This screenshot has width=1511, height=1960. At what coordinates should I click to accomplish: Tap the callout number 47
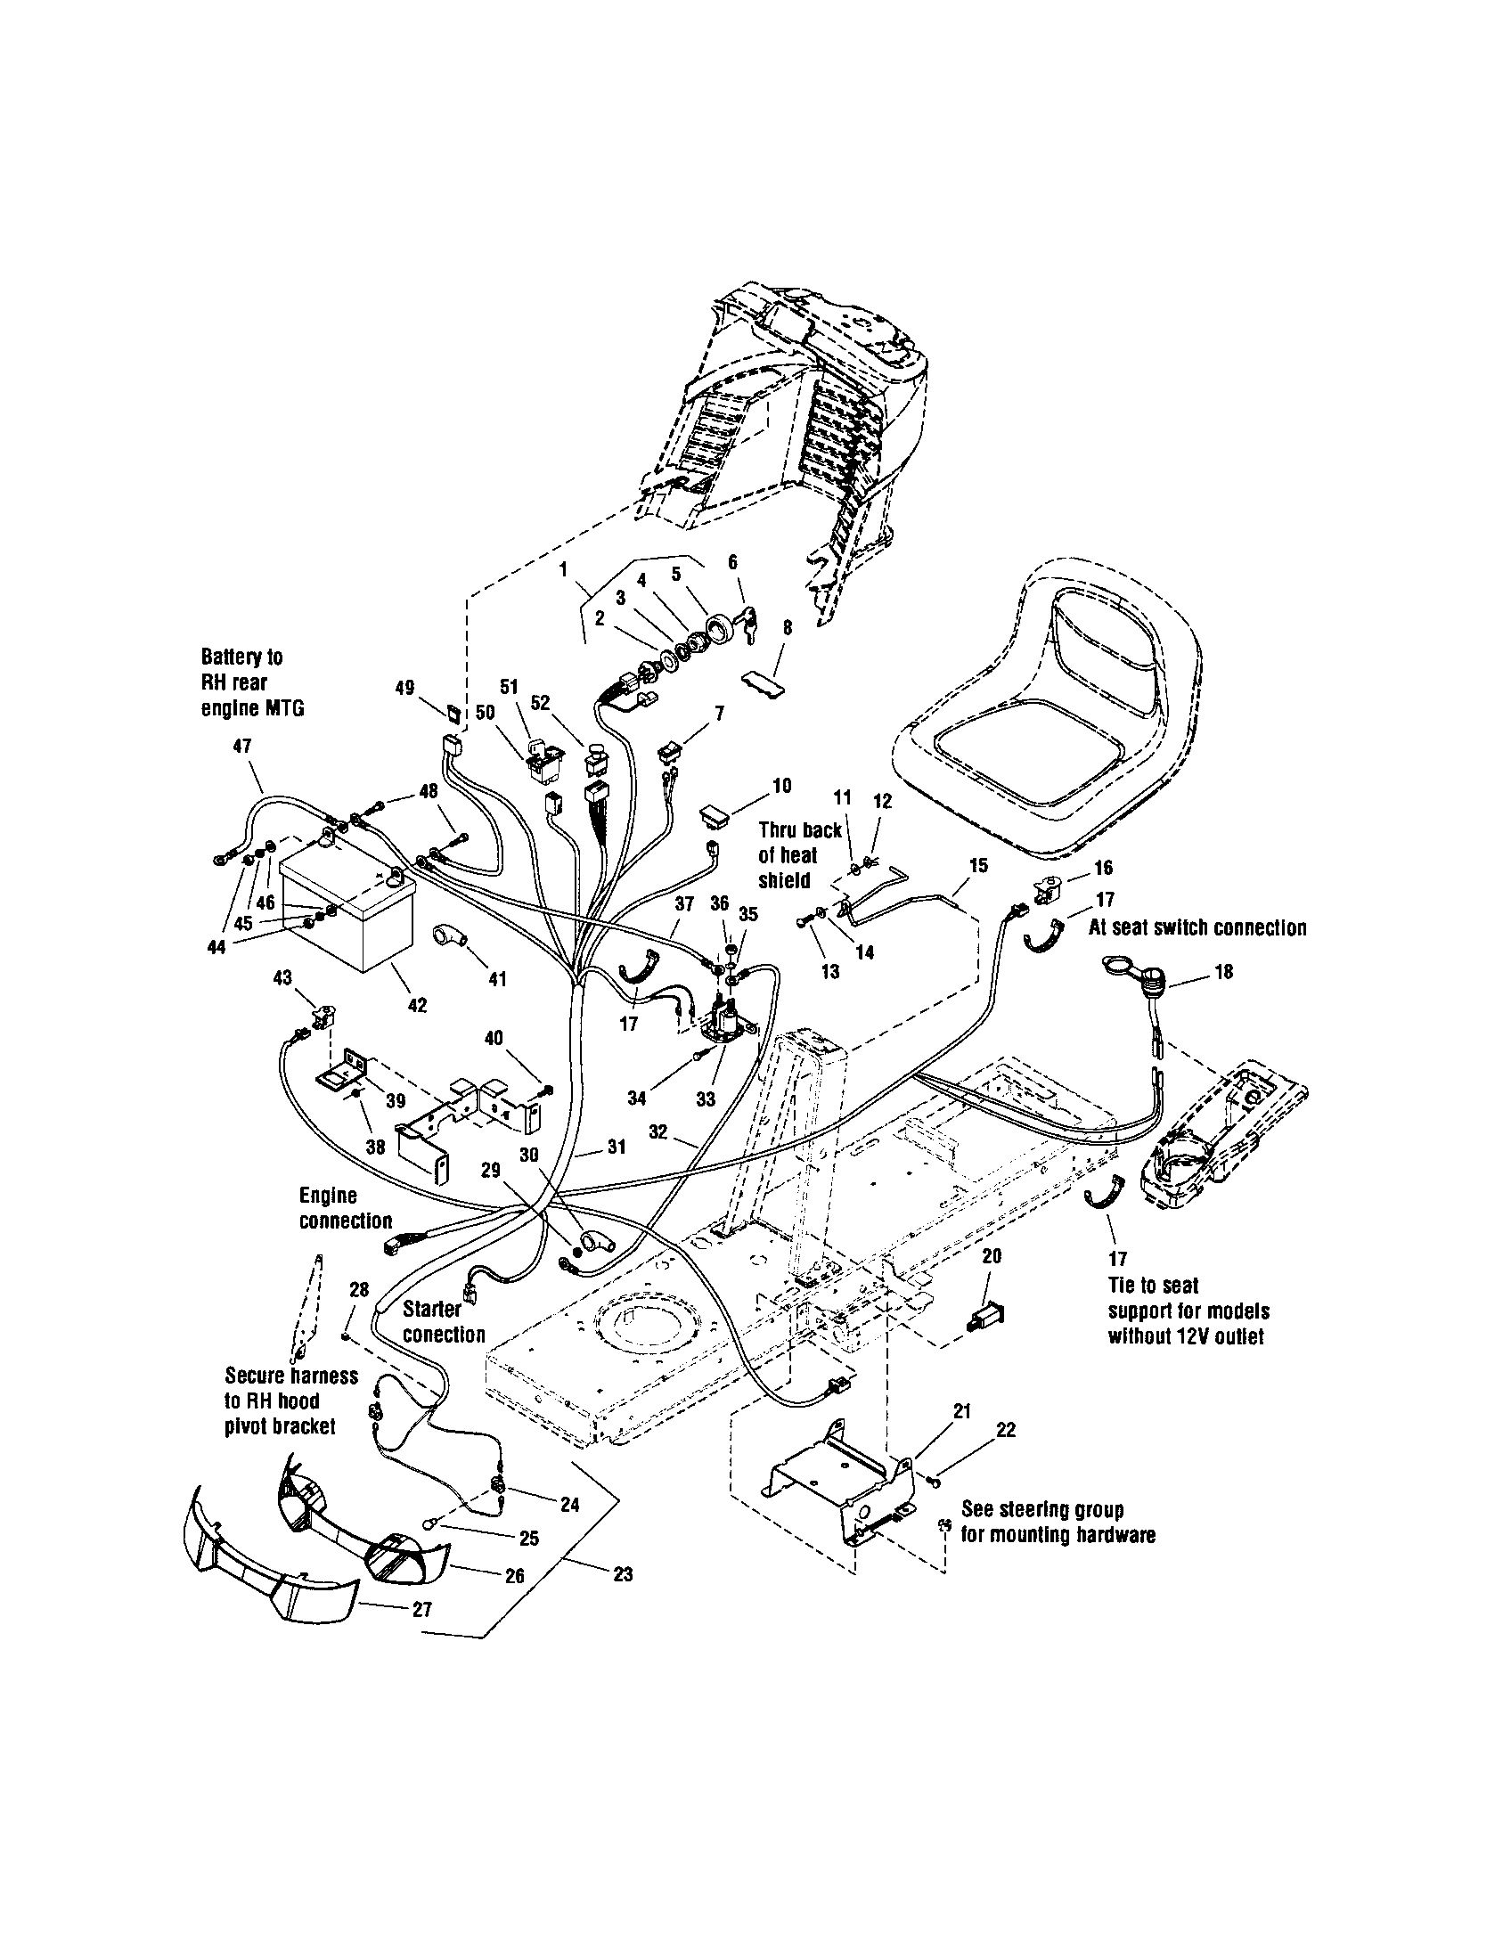click(241, 746)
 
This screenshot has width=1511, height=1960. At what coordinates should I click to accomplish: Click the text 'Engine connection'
click(346, 1208)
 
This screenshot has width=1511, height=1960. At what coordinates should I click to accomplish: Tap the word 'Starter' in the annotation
click(431, 1309)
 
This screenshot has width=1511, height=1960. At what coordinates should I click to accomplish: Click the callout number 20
click(991, 1256)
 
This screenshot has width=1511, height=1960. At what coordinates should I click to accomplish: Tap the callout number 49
click(404, 689)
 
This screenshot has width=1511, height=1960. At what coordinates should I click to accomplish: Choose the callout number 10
click(781, 786)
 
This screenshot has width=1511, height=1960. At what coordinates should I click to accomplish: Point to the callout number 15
click(978, 865)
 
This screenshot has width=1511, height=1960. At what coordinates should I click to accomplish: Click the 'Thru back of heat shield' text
click(799, 855)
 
